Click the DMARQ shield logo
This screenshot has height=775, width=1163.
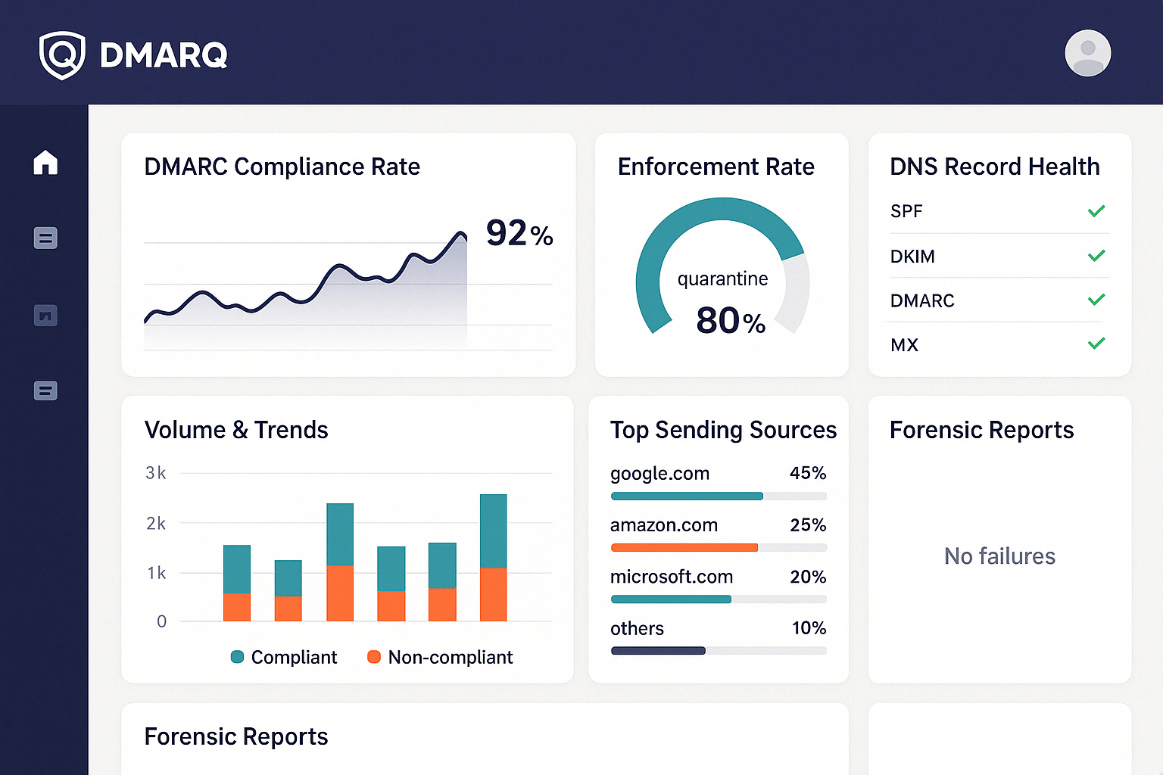click(62, 55)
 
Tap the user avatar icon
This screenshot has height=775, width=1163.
click(1087, 54)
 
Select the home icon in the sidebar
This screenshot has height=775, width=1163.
click(45, 162)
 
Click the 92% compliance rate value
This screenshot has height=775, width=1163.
click(519, 233)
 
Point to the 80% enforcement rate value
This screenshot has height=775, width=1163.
click(730, 320)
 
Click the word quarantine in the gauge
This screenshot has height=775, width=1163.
click(722, 279)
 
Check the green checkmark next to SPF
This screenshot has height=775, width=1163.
click(1096, 211)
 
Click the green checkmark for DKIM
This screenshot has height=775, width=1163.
click(1096, 256)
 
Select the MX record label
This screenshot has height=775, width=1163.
click(904, 345)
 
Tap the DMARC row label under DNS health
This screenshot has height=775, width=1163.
click(921, 300)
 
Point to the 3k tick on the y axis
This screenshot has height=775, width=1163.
click(156, 473)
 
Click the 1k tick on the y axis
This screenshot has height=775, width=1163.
click(156, 573)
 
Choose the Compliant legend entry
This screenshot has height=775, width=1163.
click(285, 657)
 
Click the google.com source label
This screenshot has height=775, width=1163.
click(659, 474)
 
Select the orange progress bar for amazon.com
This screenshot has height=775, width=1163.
click(684, 547)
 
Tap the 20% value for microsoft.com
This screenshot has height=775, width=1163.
click(808, 577)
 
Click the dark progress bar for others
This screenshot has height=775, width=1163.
click(658, 651)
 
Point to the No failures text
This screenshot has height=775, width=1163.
click(999, 556)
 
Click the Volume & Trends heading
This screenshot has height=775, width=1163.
click(236, 430)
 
